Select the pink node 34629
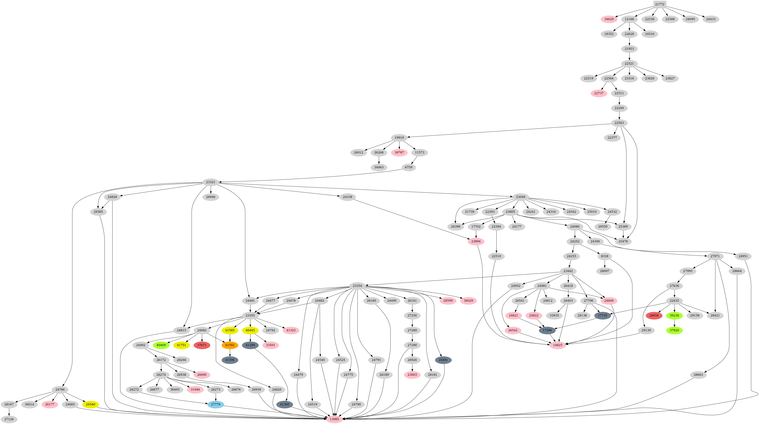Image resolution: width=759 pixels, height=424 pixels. (609, 19)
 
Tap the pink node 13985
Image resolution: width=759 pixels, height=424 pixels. (334, 419)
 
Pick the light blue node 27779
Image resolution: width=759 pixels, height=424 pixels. (216, 404)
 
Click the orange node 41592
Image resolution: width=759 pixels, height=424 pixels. (230, 345)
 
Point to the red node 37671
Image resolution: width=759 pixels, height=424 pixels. (202, 345)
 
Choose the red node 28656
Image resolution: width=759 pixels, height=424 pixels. (654, 315)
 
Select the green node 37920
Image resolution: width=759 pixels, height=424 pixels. (674, 330)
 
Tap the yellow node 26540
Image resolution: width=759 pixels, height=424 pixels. (90, 404)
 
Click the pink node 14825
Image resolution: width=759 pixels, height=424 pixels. (557, 345)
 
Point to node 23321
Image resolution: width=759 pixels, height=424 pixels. (210, 182)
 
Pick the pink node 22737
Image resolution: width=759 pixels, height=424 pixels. (599, 93)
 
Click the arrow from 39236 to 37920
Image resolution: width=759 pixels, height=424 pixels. (674, 323)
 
